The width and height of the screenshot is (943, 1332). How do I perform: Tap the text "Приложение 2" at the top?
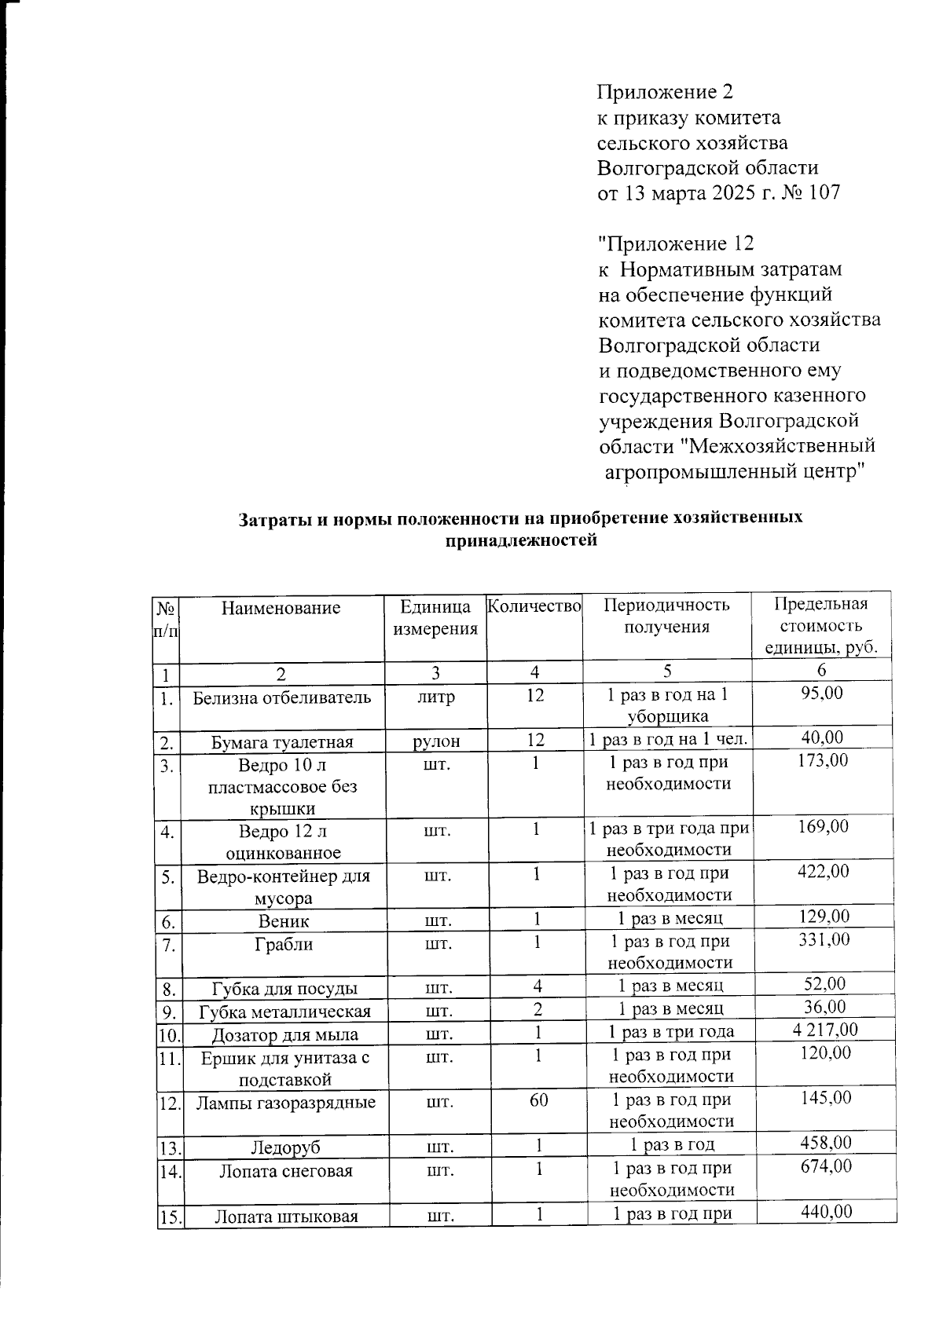(x=665, y=93)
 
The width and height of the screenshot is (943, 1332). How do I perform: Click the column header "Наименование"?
(x=281, y=607)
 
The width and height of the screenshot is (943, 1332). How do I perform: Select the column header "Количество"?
(x=534, y=606)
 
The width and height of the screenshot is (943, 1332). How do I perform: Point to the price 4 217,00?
(x=823, y=1030)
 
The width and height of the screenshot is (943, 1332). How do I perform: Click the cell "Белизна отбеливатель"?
(x=281, y=697)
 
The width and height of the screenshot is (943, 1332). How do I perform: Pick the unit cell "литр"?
(x=435, y=697)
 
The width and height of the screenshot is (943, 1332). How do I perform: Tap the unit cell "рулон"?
(x=435, y=741)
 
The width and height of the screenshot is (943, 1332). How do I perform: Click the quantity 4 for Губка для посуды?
(x=538, y=985)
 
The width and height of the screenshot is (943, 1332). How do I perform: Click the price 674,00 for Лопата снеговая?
(x=825, y=1166)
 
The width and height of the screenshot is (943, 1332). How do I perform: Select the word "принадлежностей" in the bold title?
(x=521, y=540)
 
